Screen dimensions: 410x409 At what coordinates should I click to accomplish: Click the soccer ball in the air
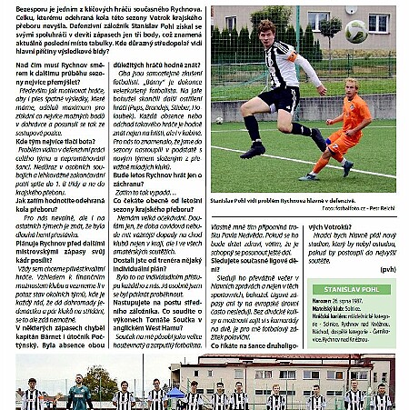pyautogui.click(x=382, y=32)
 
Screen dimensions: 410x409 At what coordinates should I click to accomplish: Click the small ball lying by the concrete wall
pyautogui.click(x=218, y=119)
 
